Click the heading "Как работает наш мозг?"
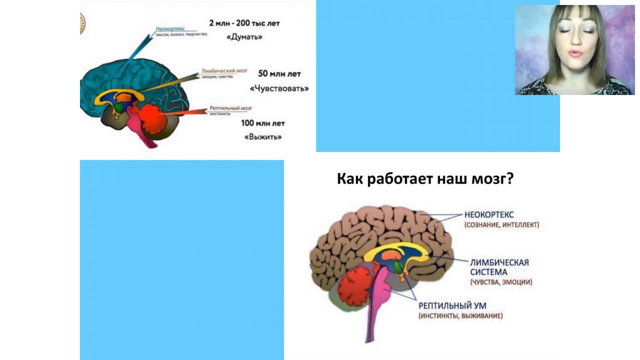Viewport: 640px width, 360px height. (x=425, y=179)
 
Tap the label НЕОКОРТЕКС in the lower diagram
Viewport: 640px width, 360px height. (x=489, y=215)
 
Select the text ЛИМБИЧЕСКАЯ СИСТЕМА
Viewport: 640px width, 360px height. (x=499, y=267)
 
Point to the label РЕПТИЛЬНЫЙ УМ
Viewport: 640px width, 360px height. (x=452, y=305)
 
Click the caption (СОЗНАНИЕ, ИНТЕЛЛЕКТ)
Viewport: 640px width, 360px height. (x=501, y=225)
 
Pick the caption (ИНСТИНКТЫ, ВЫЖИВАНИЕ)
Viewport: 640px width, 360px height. (x=460, y=316)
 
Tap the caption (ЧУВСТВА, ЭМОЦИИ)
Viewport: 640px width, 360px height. (x=501, y=282)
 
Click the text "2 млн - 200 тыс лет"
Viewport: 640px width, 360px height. (x=244, y=23)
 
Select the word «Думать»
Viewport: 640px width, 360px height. (x=244, y=37)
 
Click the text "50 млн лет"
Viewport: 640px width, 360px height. (x=279, y=74)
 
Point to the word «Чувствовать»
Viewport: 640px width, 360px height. (x=279, y=88)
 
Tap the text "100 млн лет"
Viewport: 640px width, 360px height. (x=262, y=123)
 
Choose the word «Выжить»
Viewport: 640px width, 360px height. (x=262, y=136)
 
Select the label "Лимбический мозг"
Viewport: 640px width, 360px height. (x=224, y=71)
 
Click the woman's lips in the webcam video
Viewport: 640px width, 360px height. (x=575, y=53)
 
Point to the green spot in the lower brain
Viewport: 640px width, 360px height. (x=398, y=267)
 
